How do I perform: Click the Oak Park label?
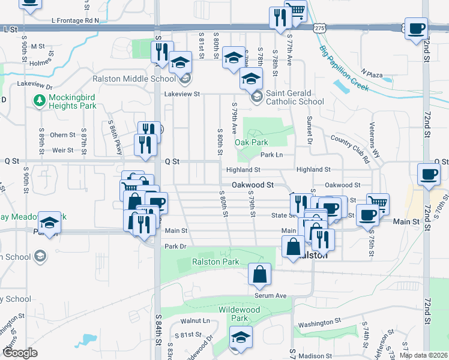tap(251, 142)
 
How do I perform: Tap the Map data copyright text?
tap(423, 355)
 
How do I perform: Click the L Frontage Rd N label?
tap(75, 20)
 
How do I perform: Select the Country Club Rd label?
tap(349, 149)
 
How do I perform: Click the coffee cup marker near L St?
tap(416, 29)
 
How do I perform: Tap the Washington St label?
tap(320, 323)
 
